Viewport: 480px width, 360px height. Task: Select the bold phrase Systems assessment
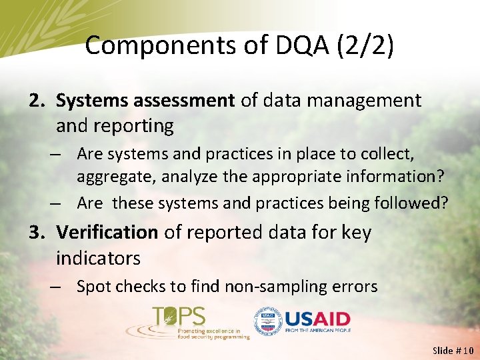[x=145, y=100]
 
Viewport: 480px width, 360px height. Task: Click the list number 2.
[x=36, y=100]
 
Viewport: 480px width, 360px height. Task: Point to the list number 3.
[x=36, y=232]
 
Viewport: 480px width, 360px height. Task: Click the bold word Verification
[x=107, y=232]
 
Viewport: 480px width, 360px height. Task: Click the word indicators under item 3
[x=98, y=257]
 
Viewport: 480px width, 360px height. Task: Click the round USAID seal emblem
[x=267, y=321]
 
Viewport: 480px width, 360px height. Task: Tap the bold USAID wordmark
[x=317, y=318]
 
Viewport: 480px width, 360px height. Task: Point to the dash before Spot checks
[x=58, y=287]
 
